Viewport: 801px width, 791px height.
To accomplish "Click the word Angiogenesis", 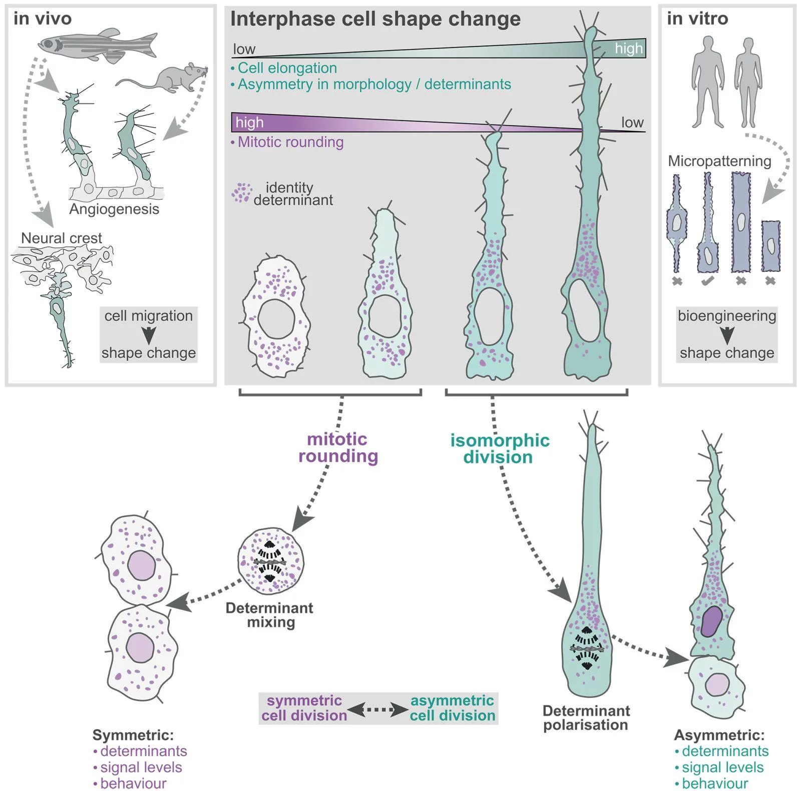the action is [114, 209].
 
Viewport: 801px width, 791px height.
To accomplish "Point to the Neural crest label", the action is [62, 238].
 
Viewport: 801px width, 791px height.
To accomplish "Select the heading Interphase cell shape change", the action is [375, 20].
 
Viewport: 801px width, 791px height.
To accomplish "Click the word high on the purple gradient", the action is [249, 123].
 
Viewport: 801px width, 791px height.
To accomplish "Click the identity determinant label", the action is [293, 194].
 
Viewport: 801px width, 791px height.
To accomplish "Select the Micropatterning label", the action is [719, 161].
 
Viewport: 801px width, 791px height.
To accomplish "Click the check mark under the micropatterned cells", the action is [708, 281].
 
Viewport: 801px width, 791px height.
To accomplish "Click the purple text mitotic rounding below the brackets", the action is [338, 447].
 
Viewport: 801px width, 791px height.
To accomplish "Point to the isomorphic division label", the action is [500, 448].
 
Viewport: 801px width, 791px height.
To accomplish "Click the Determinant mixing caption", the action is [269, 615].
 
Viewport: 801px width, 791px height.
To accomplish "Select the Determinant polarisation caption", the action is [586, 718].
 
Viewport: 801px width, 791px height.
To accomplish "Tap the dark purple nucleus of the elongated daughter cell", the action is [711, 621].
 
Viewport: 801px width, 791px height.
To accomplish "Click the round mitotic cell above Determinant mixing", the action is [270, 561].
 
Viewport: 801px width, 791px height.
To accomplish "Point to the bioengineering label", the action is [727, 316].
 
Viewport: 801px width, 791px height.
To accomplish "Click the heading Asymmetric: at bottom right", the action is [719, 735].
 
